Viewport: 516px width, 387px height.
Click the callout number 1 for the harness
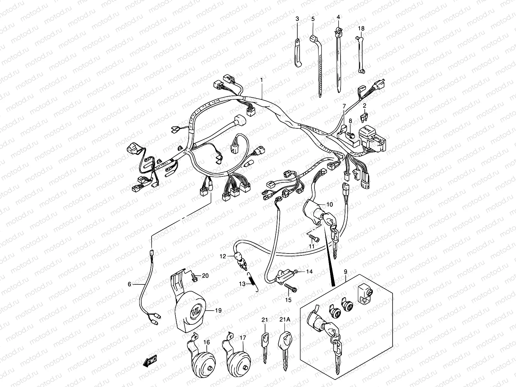coord(262,80)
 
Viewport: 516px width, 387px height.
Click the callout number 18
coord(361,29)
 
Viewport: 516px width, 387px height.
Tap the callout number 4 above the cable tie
coord(338,16)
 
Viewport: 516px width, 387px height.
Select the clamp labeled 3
coord(297,53)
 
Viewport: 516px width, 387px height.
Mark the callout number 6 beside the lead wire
coord(129,284)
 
